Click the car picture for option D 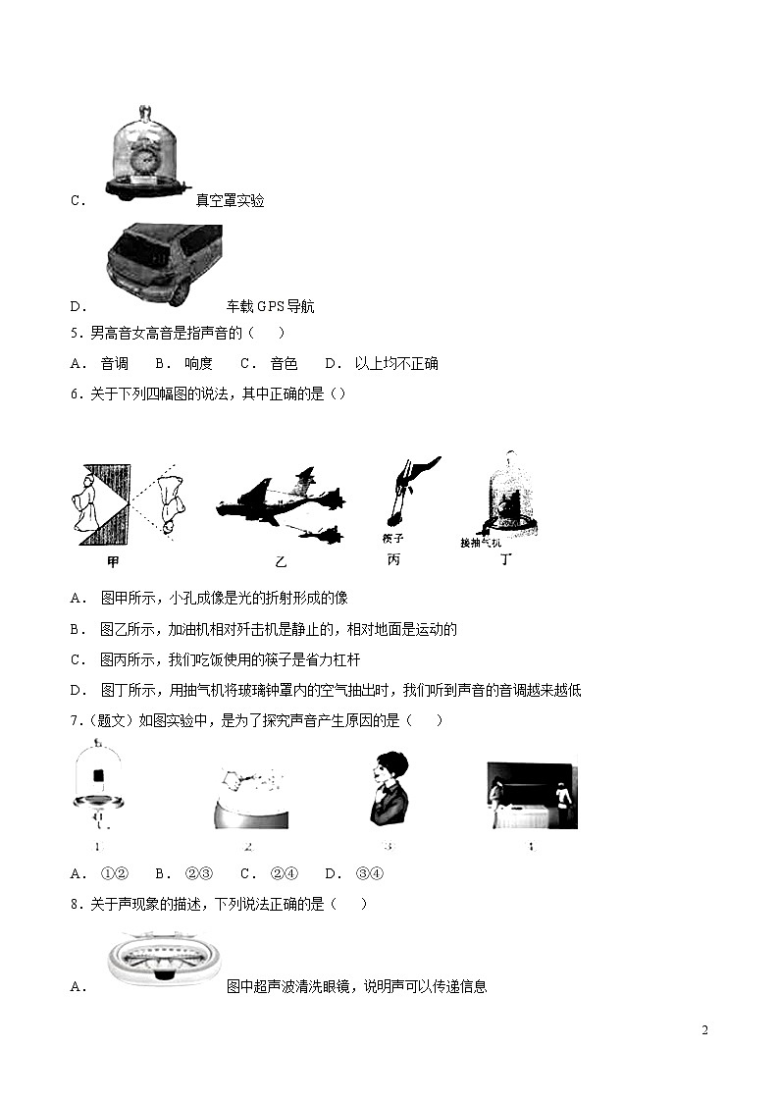[x=164, y=266]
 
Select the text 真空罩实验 [x=230, y=201]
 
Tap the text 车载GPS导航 [x=271, y=306]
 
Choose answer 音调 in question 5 [x=114, y=363]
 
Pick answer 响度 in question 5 [x=197, y=363]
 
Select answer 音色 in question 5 [x=284, y=363]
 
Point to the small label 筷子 [x=393, y=539]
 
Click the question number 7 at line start [x=75, y=721]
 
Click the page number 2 [x=704, y=1029]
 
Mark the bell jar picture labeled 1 [x=98, y=791]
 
